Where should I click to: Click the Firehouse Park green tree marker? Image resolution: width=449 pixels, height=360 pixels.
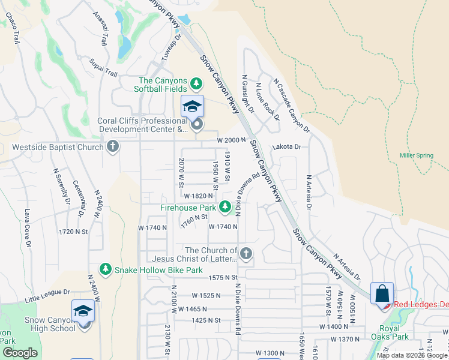coord(225,207)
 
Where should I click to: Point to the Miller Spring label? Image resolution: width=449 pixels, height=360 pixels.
coord(416,155)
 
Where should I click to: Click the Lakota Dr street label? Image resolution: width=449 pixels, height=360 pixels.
coord(286,146)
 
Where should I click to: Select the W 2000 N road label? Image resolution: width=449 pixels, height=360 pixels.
coord(232,140)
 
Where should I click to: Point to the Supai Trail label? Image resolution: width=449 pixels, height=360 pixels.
coord(103,66)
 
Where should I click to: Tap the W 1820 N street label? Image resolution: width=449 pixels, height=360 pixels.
coord(199,196)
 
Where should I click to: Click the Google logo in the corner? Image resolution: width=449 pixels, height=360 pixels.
coord(20,353)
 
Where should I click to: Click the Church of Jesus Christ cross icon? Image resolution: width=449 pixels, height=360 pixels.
coord(246,254)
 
